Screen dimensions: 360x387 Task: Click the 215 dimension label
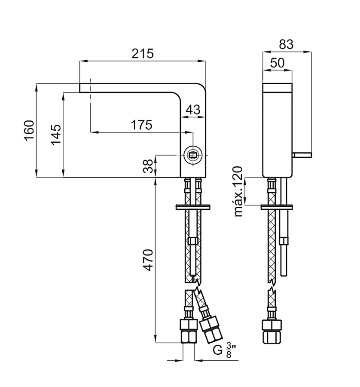click(x=143, y=54)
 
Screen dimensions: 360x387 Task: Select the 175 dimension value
click(x=141, y=125)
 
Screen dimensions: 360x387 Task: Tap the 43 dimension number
click(x=193, y=110)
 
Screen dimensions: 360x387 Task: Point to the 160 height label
click(x=29, y=130)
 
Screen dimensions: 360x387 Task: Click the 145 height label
click(x=56, y=135)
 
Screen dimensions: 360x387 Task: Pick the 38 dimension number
click(x=148, y=166)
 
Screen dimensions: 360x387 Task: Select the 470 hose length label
click(x=148, y=260)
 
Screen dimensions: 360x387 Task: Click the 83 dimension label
click(x=286, y=45)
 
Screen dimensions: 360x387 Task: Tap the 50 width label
click(x=278, y=63)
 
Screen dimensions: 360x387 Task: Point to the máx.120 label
click(x=238, y=191)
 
